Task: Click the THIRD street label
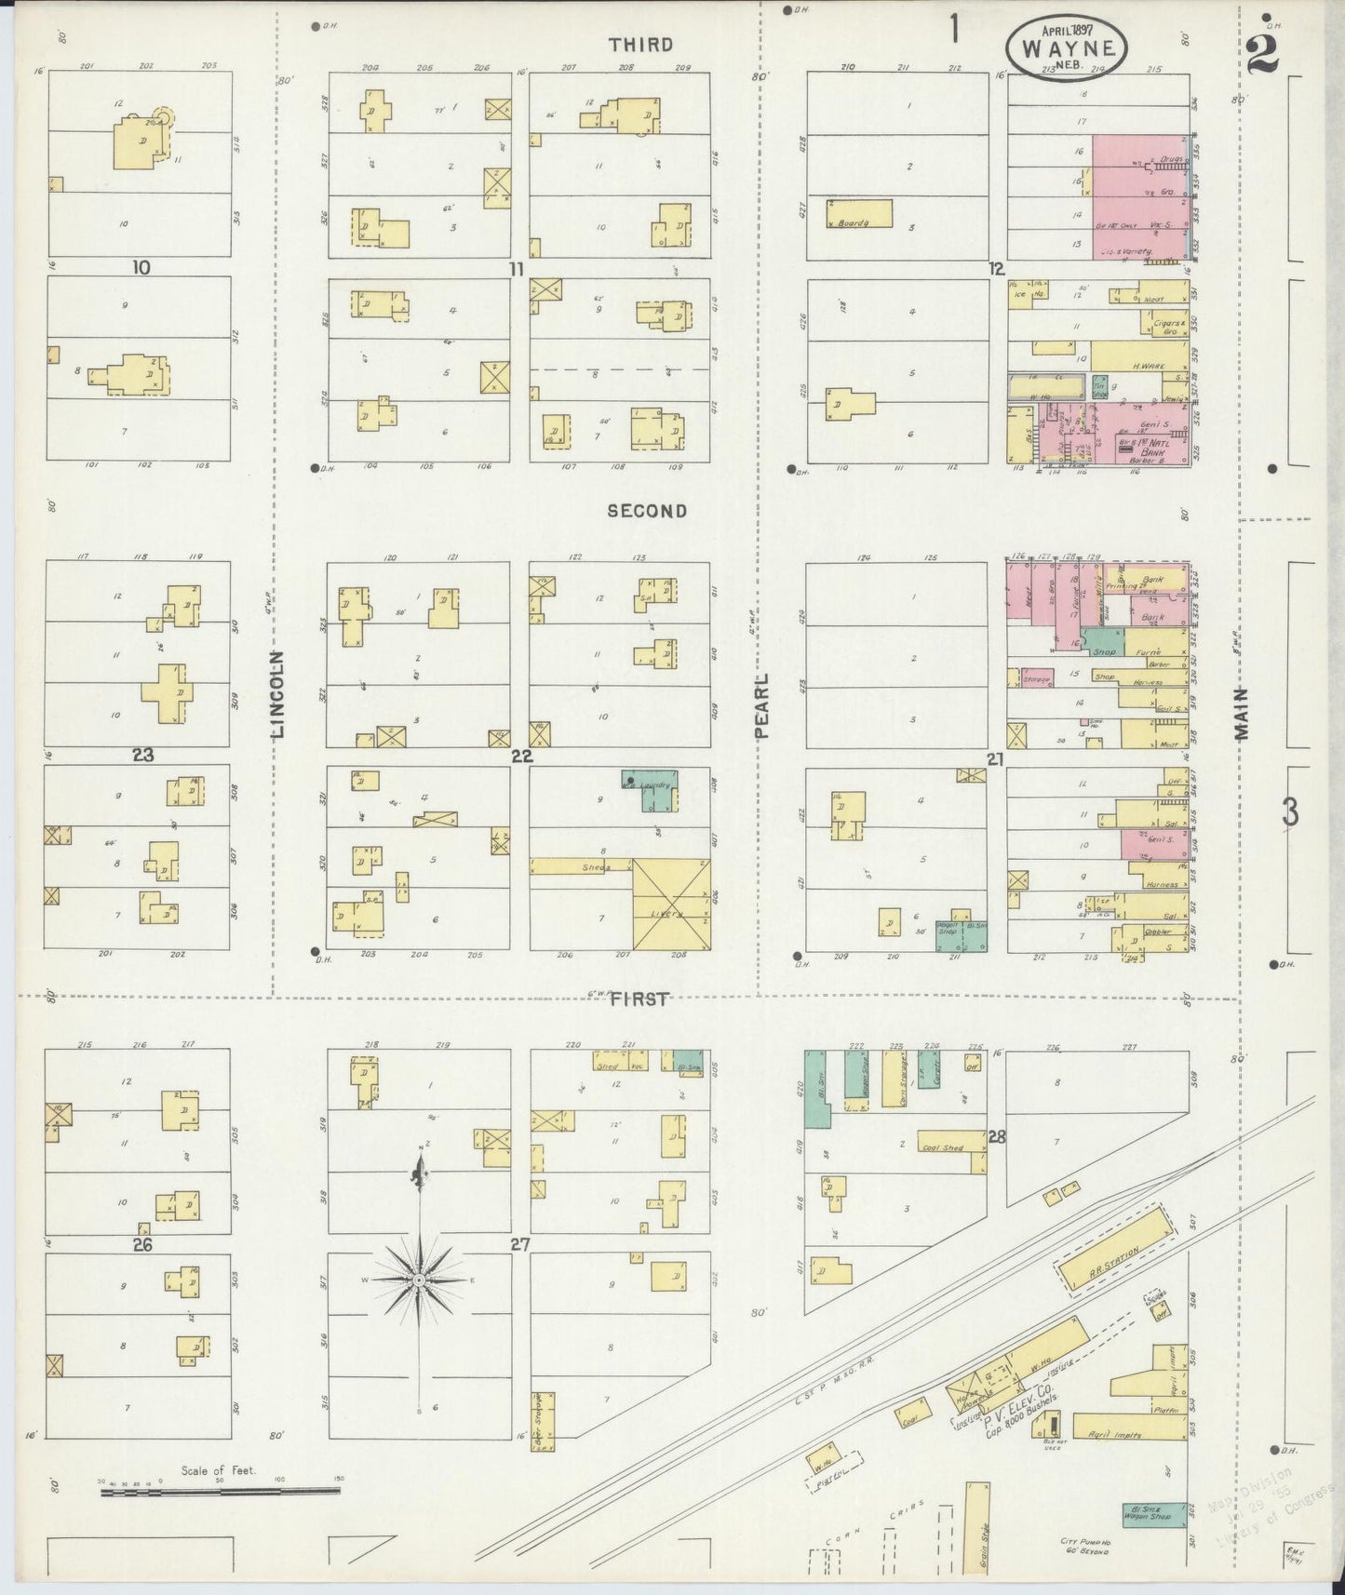point(640,45)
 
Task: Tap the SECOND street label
point(647,511)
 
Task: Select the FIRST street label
point(640,999)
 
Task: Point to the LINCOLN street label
point(279,693)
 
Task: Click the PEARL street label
point(763,706)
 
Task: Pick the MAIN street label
point(1244,714)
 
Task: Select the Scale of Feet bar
point(220,1493)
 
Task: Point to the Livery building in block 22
point(670,904)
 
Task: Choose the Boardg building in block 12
point(858,214)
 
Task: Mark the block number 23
point(142,756)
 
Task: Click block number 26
point(142,1244)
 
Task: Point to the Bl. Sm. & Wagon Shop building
point(1154,1515)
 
